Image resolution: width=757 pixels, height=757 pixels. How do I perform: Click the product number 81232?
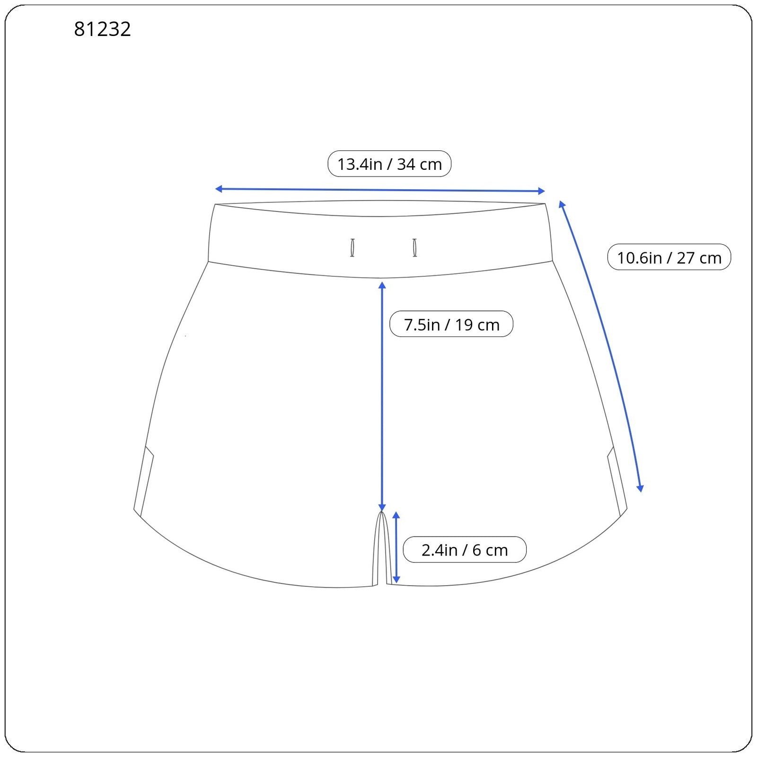tap(102, 29)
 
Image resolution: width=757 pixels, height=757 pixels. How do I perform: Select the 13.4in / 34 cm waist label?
tap(389, 164)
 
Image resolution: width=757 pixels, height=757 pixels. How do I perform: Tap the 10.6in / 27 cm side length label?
tap(669, 257)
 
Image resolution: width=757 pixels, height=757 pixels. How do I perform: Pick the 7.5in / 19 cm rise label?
tap(451, 324)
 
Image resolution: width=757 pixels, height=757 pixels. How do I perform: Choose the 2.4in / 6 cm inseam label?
tap(465, 550)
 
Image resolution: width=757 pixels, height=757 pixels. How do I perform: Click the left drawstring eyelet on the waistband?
tap(352, 247)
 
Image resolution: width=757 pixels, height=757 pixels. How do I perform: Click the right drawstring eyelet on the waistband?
tap(415, 247)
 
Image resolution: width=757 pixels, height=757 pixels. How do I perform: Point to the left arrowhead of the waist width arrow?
tap(219, 189)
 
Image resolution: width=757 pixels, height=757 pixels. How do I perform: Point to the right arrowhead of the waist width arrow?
tap(542, 191)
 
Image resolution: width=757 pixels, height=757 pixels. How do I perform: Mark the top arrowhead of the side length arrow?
tap(562, 204)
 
